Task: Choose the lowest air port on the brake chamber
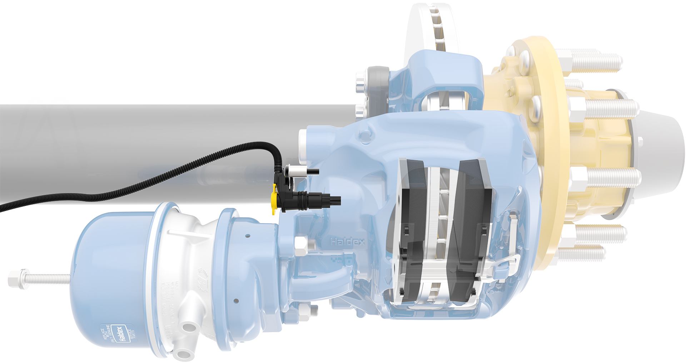(x=184, y=355)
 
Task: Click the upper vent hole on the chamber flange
(x=248, y=236)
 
